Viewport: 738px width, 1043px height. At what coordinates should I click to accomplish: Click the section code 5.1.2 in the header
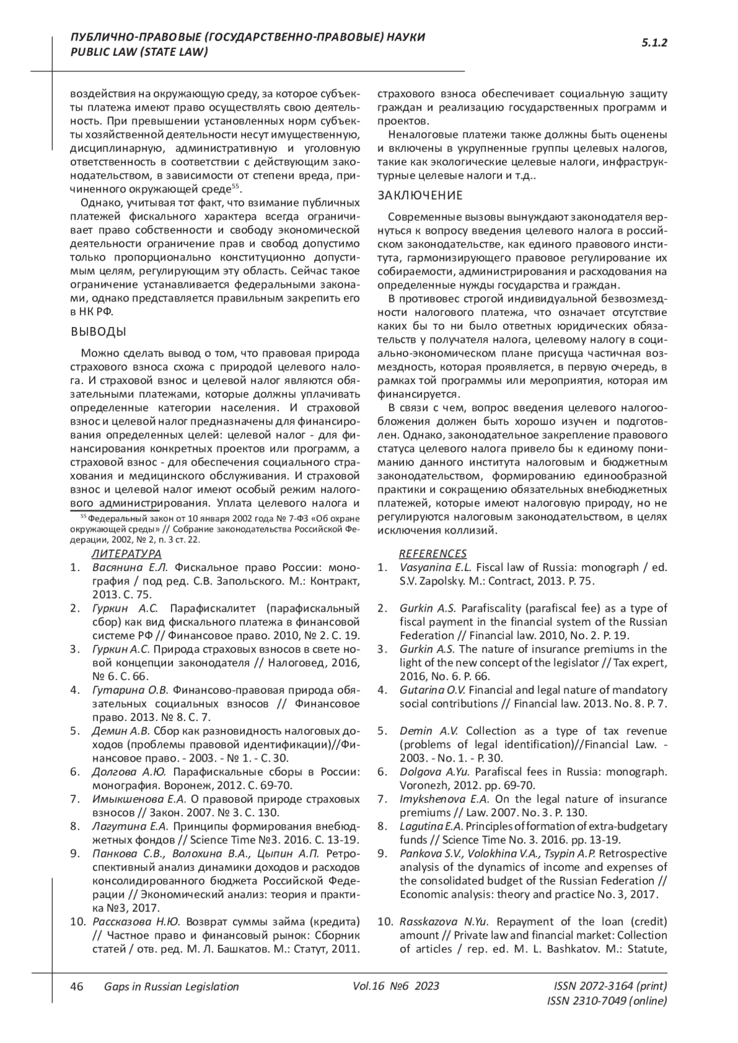click(654, 43)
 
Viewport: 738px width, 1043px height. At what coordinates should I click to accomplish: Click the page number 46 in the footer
click(77, 986)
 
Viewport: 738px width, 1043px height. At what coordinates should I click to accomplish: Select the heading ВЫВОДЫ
click(98, 332)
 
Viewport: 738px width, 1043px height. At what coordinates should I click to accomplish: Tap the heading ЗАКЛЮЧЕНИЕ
click(419, 195)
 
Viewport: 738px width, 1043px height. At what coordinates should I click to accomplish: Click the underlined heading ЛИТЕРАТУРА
click(126, 554)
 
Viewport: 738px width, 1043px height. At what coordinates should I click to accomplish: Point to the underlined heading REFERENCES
click(432, 554)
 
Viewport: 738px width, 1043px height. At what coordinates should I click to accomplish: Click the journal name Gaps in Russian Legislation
click(171, 986)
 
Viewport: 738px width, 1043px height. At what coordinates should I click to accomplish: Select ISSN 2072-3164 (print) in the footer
click(610, 986)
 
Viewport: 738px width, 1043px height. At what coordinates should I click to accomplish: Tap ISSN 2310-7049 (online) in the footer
click(606, 1001)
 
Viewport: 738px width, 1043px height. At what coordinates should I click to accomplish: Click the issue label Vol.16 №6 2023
click(396, 986)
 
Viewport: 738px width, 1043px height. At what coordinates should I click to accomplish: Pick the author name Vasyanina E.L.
click(435, 567)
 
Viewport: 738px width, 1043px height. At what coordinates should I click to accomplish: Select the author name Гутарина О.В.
click(128, 690)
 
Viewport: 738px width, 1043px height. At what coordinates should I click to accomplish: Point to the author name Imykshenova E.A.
click(444, 799)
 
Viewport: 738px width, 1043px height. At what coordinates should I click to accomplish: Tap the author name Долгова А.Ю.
click(129, 771)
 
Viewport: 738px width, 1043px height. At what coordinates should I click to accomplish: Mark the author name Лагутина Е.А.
click(129, 826)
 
